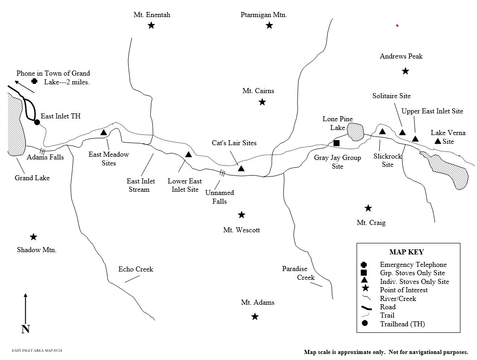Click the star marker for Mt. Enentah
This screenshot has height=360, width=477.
(x=151, y=25)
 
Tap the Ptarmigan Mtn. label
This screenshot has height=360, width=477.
(x=263, y=15)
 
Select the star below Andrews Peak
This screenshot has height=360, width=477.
(x=405, y=71)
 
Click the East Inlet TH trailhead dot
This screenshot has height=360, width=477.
(x=37, y=122)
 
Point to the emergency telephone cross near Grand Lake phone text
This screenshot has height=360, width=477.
(x=34, y=81)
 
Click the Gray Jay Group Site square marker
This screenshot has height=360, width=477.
(x=336, y=143)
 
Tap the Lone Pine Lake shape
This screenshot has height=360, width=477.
(x=356, y=132)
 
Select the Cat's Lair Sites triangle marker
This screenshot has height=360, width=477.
(x=241, y=169)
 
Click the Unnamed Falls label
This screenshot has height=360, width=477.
(x=220, y=197)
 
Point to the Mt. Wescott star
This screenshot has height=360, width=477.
(x=241, y=215)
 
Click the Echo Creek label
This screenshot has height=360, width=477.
(x=136, y=269)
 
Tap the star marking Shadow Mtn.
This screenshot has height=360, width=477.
(x=33, y=237)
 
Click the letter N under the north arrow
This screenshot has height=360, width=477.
(x=25, y=329)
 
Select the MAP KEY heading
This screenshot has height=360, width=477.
(x=406, y=252)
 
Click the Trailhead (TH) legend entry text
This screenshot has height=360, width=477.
(x=402, y=324)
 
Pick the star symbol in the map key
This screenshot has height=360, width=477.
(x=364, y=289)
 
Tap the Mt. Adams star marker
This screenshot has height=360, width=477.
(x=255, y=317)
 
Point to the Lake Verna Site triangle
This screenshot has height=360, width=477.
(x=438, y=141)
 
